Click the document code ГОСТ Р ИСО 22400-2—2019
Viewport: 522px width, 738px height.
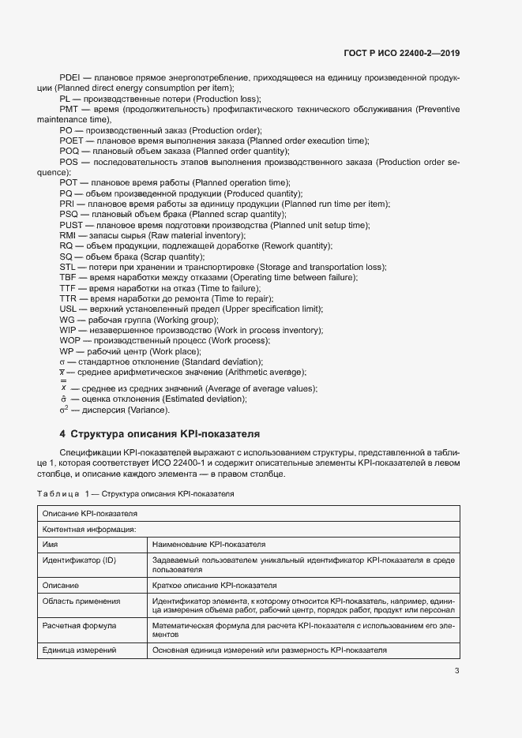[403, 53]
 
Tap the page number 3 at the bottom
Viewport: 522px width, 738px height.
[456, 671]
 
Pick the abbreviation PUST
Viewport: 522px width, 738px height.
[71, 225]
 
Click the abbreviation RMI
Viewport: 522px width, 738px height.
[68, 235]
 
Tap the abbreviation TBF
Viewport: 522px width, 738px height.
[68, 278]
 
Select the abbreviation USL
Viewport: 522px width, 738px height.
[68, 309]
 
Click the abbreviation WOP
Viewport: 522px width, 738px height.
[69, 340]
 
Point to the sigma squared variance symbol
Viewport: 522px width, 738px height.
[64, 410]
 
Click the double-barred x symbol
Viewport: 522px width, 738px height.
[63, 386]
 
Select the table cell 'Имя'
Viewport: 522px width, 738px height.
[49, 545]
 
